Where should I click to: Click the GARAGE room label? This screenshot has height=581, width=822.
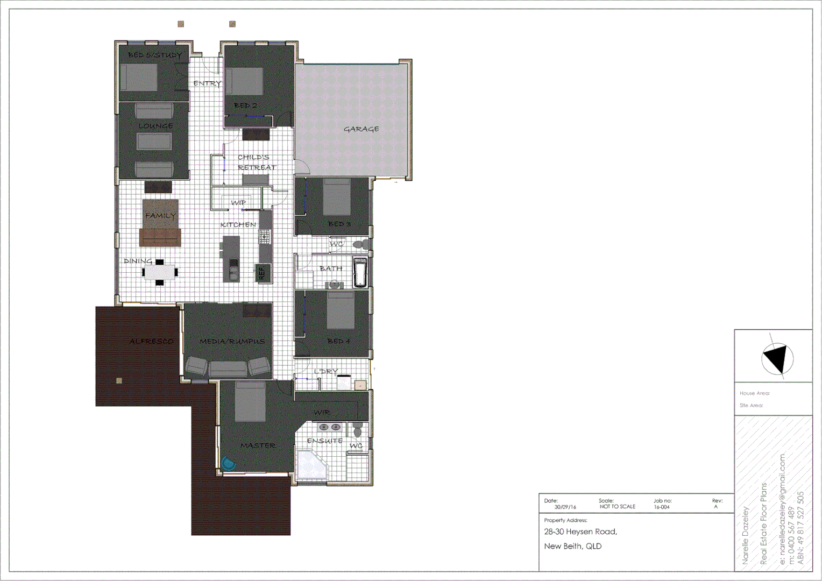(361, 129)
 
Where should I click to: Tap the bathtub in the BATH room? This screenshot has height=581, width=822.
(360, 273)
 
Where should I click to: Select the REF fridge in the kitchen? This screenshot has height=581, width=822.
(262, 273)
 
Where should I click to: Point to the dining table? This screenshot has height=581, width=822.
(160, 272)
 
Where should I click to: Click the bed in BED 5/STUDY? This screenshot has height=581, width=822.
(139, 77)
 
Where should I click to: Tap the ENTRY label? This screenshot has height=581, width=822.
(207, 83)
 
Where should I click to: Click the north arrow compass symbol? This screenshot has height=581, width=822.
(777, 358)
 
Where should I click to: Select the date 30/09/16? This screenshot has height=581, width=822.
(565, 507)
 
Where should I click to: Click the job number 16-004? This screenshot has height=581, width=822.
(662, 507)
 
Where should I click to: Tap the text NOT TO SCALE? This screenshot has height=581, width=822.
(618, 507)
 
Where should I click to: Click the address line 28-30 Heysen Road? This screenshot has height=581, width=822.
(580, 532)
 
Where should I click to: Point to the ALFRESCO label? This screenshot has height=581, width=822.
(151, 341)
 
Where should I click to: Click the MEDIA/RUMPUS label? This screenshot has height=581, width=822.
(232, 341)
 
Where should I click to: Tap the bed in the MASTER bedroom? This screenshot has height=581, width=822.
(250, 401)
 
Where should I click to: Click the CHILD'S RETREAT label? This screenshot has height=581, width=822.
(256, 162)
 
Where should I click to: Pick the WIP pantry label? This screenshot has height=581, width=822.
(238, 203)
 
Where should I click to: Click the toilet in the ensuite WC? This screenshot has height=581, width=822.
(357, 431)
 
